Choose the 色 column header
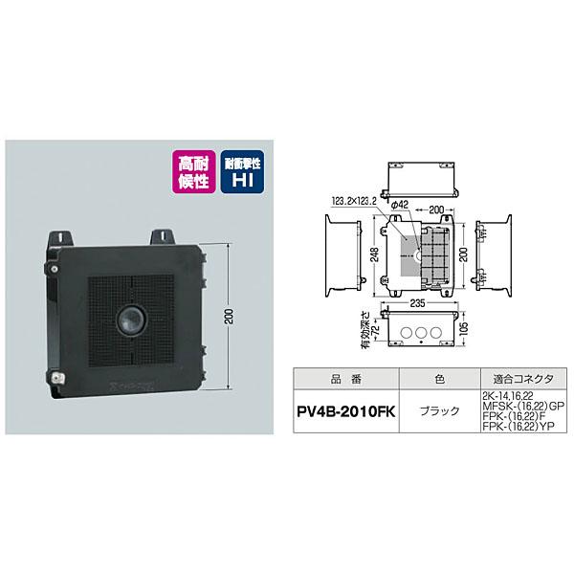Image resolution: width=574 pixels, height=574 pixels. (439, 378)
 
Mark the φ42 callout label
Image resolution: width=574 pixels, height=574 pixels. (401, 204)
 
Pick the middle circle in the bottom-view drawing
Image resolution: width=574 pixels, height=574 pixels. (419, 332)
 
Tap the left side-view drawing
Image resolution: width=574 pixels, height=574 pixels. (340, 254)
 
